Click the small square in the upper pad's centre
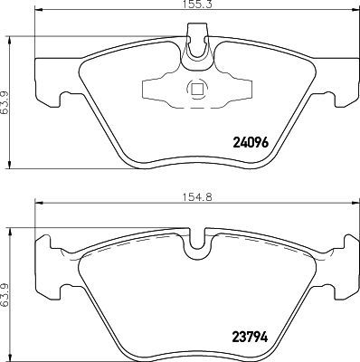(194, 89)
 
